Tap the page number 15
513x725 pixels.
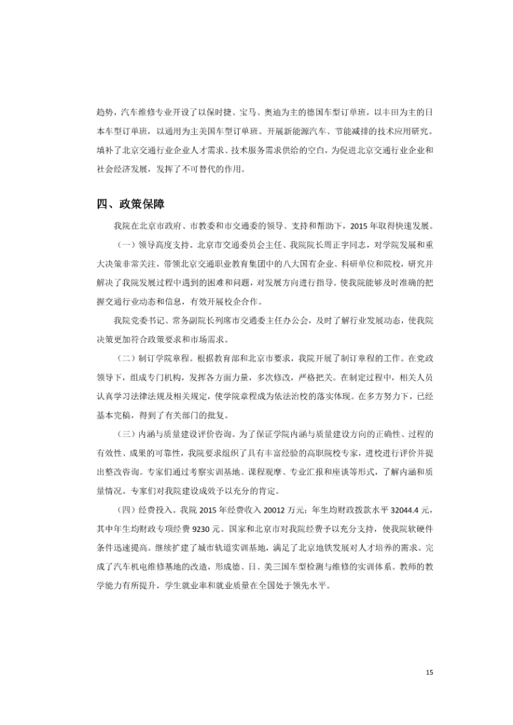click(429, 672)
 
